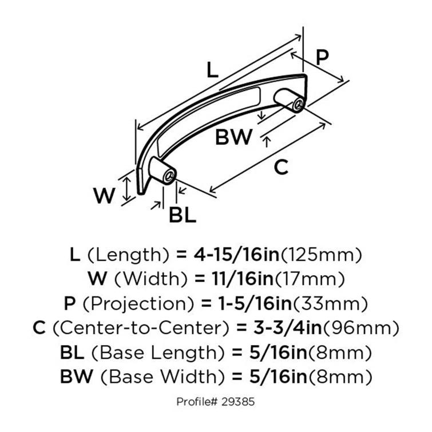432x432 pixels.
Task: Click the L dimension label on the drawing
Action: click(x=212, y=70)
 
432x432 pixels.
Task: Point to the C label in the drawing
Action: click(x=280, y=167)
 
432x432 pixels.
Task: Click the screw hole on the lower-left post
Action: click(x=168, y=176)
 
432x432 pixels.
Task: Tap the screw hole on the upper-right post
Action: click(x=298, y=105)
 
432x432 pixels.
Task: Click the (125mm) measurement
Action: click(x=324, y=254)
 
